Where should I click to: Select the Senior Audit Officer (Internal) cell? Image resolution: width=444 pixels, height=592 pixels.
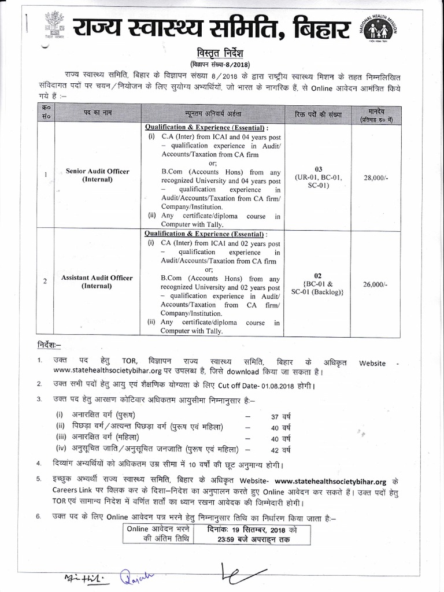pos(97,175)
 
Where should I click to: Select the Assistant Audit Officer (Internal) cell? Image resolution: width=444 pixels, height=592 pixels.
pos(97,282)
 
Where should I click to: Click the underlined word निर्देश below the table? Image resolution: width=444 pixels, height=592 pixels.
pos(48,345)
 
